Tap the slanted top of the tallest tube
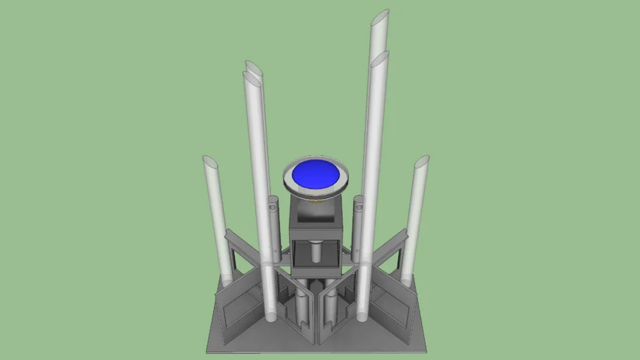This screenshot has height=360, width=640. pos(380,18)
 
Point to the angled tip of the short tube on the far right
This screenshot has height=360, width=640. pos(421,162)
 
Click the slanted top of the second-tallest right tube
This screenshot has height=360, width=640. pos(380,59)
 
